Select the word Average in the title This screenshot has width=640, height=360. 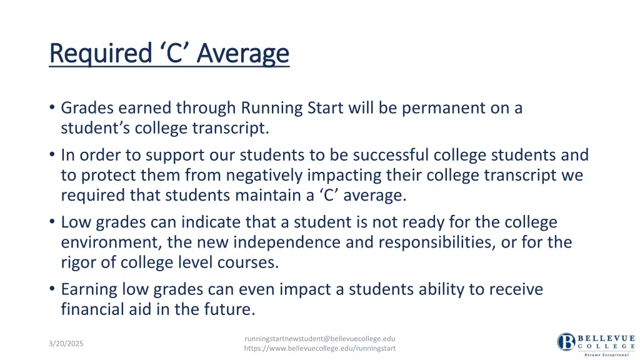[x=242, y=54]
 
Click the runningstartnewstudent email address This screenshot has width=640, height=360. [x=320, y=338]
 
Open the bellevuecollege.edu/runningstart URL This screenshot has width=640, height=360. [x=320, y=349]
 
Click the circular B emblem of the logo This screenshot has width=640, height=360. [x=566, y=342]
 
